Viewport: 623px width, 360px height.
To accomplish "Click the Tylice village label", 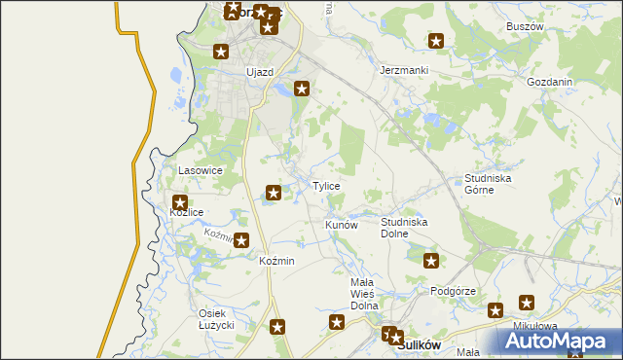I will (x=326, y=186).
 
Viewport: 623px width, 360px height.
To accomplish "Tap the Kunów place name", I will (x=342, y=225).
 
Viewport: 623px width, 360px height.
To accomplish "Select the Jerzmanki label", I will (x=404, y=71).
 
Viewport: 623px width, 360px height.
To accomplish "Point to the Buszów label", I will (x=525, y=26).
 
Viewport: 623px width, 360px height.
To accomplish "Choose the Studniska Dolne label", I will (x=404, y=228).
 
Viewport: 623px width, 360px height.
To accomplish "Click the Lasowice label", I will (x=202, y=170).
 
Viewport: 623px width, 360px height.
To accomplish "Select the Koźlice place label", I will (x=186, y=211).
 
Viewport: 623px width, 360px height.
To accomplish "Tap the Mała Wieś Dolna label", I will (x=363, y=293).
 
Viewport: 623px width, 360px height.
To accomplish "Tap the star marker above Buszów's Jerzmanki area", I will (x=436, y=41).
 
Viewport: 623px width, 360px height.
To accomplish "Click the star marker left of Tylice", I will (x=275, y=193).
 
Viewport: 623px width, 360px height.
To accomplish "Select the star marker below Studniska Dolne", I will (x=431, y=260).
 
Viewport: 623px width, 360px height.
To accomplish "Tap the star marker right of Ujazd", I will (x=303, y=90).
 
